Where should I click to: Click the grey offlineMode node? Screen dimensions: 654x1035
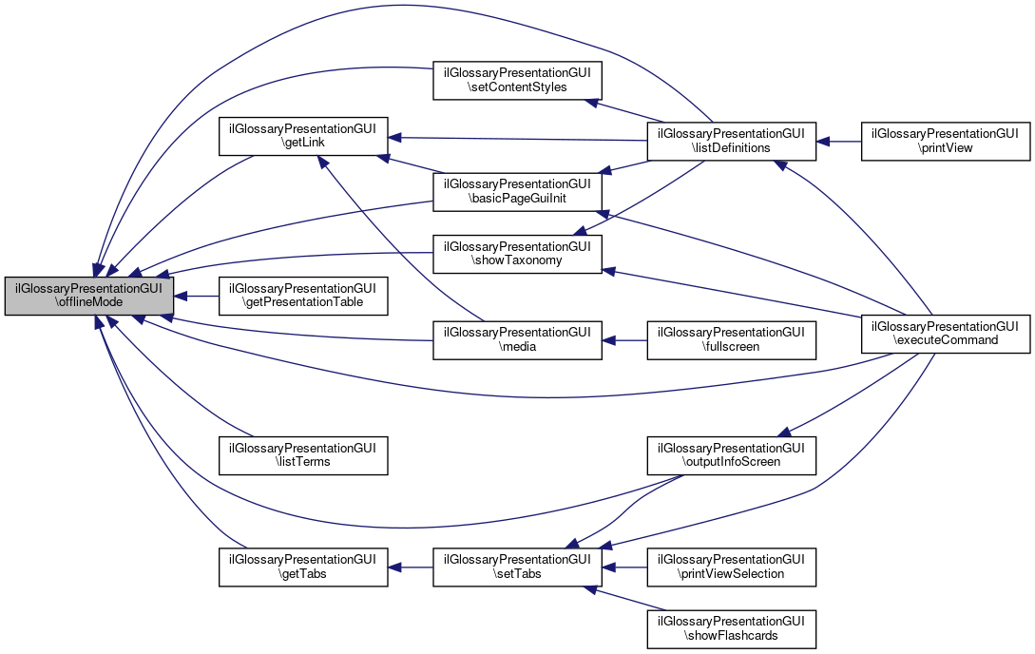pos(89,296)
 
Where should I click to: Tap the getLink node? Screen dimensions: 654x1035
pos(304,137)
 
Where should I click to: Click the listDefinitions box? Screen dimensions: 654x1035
pos(731,141)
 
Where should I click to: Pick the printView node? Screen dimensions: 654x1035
pos(945,141)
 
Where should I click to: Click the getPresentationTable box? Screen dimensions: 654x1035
pos(304,296)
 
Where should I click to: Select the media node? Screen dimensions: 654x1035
pos(518,340)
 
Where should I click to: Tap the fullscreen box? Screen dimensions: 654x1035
pos(731,340)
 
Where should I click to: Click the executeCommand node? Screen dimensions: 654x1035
pos(945,332)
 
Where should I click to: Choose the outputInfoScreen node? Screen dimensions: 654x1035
pos(731,454)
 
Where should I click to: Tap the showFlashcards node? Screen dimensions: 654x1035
pos(731,628)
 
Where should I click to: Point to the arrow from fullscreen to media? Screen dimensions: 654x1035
pos(624,340)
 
